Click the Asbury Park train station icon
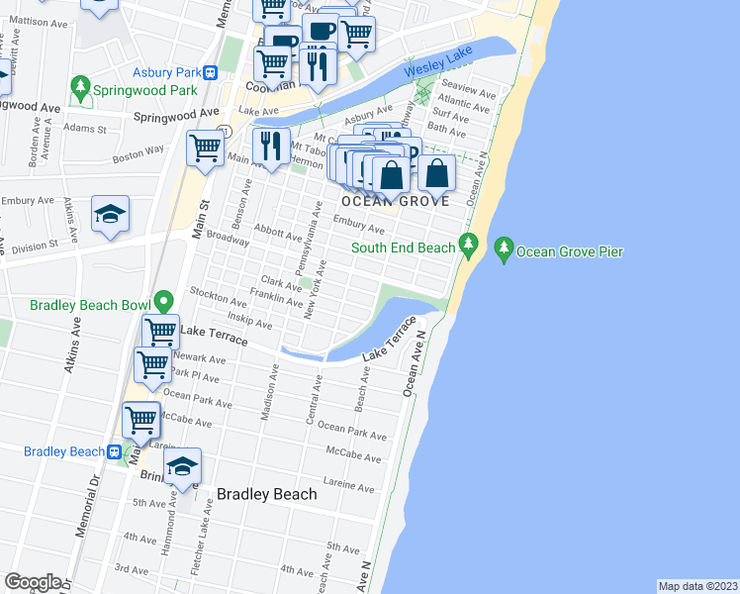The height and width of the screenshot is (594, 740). click(211, 72)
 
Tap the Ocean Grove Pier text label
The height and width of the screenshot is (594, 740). click(571, 251)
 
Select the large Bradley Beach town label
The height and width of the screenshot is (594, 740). click(266, 494)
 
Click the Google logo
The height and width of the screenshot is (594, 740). click(33, 582)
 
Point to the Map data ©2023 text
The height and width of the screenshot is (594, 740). click(696, 585)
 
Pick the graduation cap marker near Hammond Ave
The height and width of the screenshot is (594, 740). click(182, 466)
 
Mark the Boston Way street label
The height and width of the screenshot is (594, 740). click(138, 152)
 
